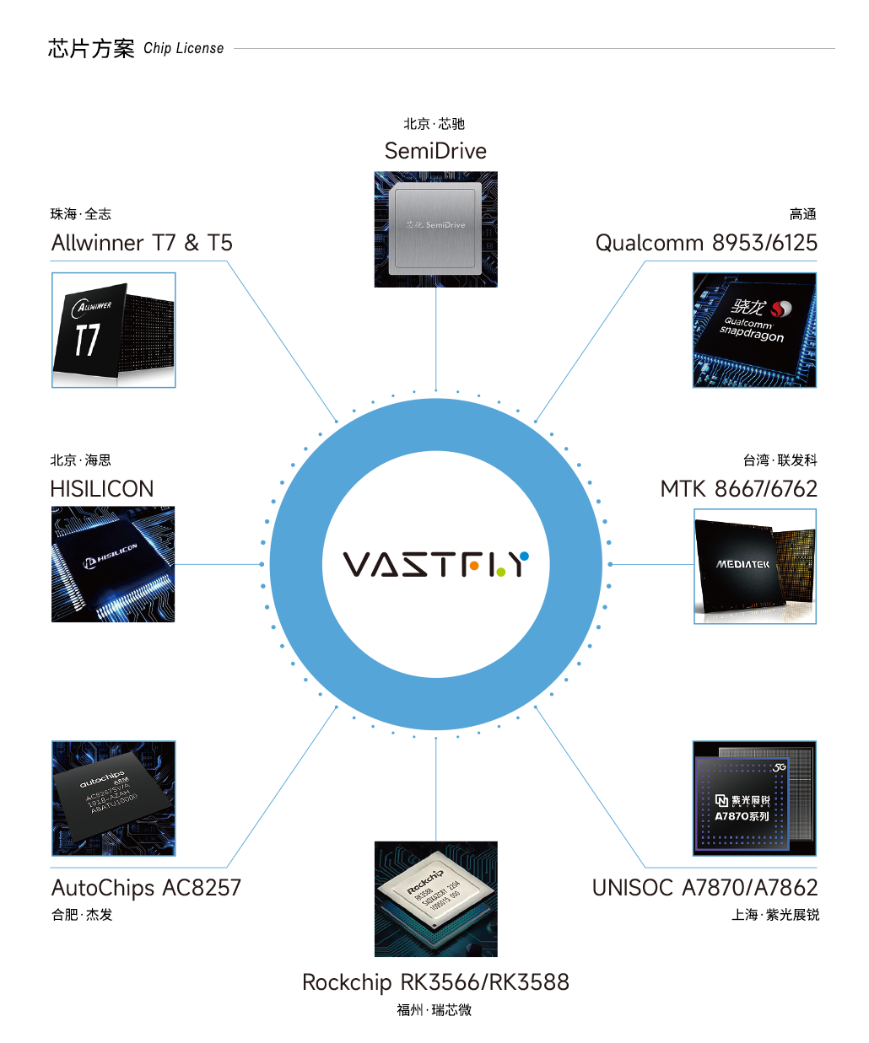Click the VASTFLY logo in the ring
coord(435,564)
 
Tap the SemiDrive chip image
coord(436,229)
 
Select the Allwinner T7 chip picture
coord(114,331)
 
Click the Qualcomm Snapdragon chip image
coord(754,330)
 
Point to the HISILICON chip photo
coord(113,564)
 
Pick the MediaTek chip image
coord(755,567)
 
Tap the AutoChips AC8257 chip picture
coord(114,798)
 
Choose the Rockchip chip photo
coord(436,899)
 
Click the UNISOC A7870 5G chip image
coord(754,798)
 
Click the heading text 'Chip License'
coord(184,48)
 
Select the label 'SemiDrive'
coord(435,151)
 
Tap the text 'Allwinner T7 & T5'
coord(142,243)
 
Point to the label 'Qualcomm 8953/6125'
coord(706,243)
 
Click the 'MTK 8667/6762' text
coord(738,489)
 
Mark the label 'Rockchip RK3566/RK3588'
coord(435,982)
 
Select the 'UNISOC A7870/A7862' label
coord(704,888)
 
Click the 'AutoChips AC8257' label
coord(146,888)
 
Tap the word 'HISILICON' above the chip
coord(102,489)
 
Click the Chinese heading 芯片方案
coord(91,48)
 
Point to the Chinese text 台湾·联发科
coord(780,460)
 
